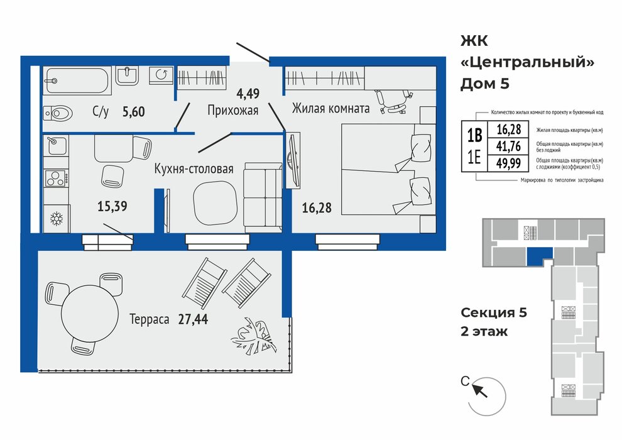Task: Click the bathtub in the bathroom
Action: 77,81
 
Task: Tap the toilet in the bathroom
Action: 58,113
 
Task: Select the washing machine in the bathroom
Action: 161,75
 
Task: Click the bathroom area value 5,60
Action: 133,112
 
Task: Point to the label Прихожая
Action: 233,110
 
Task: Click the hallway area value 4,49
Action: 248,94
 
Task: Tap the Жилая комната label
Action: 331,108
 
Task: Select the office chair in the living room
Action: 391,101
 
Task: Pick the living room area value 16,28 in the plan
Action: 317,207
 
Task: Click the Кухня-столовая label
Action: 194,169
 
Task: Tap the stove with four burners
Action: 56,178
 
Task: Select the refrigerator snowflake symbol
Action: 57,219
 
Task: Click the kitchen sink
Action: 55,146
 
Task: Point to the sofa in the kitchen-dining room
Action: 263,197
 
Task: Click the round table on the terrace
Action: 90,313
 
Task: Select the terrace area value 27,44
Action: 193,319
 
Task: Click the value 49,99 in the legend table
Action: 508,163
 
